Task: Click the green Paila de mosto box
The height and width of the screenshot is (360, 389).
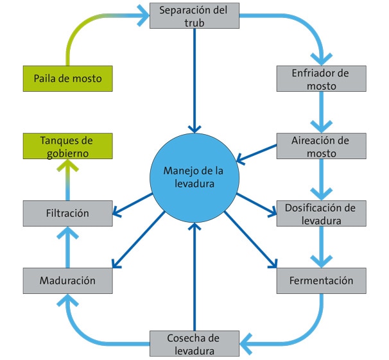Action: point(68,78)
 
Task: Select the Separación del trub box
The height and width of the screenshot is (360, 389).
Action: point(195,15)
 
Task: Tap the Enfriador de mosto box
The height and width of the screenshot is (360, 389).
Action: point(321,78)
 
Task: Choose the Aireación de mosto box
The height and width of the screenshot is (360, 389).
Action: point(321,146)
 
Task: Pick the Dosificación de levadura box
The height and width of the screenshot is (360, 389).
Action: point(321,213)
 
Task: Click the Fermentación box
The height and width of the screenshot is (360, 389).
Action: point(321,280)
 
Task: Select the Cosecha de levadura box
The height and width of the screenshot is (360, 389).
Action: point(195,343)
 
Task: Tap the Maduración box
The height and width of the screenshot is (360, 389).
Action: point(68,280)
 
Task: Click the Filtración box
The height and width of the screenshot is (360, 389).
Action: point(68,213)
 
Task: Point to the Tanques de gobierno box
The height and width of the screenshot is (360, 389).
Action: point(68,146)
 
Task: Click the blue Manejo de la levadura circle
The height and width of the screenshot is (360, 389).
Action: point(195,178)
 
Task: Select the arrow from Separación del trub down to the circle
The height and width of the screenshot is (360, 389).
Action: point(195,81)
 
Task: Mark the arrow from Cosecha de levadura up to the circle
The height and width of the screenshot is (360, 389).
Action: point(195,277)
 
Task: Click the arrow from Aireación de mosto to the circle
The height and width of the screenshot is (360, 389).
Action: point(257,154)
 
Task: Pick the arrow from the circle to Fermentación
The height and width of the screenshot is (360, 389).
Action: point(250,240)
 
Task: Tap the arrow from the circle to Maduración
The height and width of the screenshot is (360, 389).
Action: point(139,240)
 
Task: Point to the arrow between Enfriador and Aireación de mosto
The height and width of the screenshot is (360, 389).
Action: point(321,112)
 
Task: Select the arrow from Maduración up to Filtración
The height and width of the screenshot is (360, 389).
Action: point(68,247)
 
